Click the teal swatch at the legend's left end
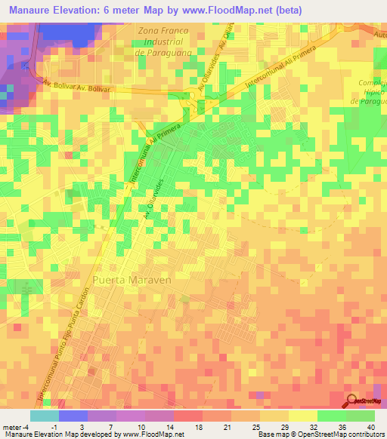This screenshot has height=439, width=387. click(45, 416)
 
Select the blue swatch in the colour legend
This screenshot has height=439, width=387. click(73, 416)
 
